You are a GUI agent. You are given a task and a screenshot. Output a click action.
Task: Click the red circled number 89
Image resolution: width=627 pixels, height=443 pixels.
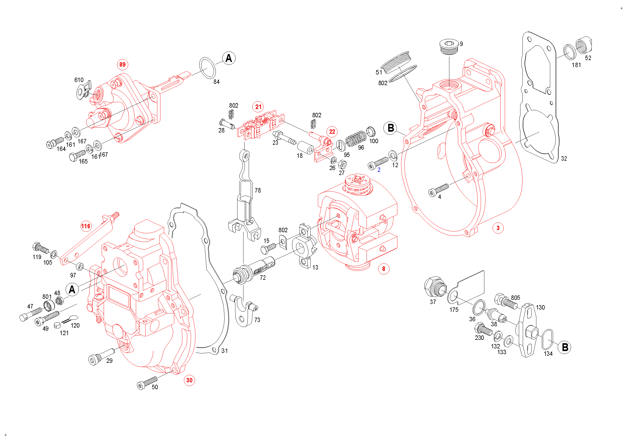pos(122,65)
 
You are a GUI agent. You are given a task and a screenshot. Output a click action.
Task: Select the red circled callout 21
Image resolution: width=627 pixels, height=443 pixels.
pos(258,107)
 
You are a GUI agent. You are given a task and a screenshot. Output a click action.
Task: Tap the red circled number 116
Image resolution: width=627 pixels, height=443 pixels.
pos(86,226)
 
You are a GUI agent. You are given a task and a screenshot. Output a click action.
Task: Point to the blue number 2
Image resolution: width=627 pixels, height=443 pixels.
pos(379,170)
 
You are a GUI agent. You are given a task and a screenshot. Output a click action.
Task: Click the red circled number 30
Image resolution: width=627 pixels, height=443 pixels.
pos(189,380)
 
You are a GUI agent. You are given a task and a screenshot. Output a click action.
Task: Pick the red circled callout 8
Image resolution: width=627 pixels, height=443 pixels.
pos(384,269)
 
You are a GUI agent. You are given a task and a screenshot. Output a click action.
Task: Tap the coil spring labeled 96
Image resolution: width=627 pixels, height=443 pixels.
pos(356,138)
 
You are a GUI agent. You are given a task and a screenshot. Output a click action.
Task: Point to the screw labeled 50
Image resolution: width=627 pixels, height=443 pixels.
pos(147,382)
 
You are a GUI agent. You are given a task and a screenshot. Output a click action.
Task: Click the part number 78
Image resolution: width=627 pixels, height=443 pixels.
pos(258,190)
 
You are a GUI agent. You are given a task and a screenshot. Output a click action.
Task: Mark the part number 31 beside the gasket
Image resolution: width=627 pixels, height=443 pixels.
pos(224,351)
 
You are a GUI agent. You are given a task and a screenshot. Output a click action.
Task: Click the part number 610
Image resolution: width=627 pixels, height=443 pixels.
pos(79,80)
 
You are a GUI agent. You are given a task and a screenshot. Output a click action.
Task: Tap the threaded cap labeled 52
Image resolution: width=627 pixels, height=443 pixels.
pos(584,46)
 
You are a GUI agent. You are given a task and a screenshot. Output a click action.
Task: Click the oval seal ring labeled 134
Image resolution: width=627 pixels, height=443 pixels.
pos(547,339)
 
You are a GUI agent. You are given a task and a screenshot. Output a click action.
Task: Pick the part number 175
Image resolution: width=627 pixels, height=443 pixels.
pos(454,310)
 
